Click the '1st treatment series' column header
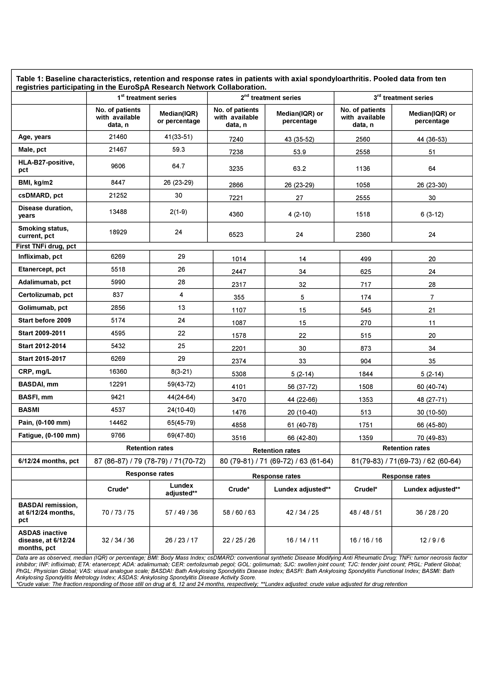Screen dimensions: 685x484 (x=147, y=98)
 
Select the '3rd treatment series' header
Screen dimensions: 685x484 (x=403, y=98)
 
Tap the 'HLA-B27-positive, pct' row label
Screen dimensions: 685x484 (x=46, y=166)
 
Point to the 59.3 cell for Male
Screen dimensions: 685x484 (x=179, y=149)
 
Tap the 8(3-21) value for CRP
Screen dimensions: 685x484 (x=181, y=371)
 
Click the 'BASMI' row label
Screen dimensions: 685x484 (x=29, y=410)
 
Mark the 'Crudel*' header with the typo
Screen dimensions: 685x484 (x=366, y=489)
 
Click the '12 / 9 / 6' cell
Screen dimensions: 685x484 (x=432, y=540)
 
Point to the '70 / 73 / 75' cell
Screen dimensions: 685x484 (x=118, y=513)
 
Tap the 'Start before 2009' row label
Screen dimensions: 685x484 (x=45, y=320)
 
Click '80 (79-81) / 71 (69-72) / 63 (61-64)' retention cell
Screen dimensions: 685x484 (x=276, y=461)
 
